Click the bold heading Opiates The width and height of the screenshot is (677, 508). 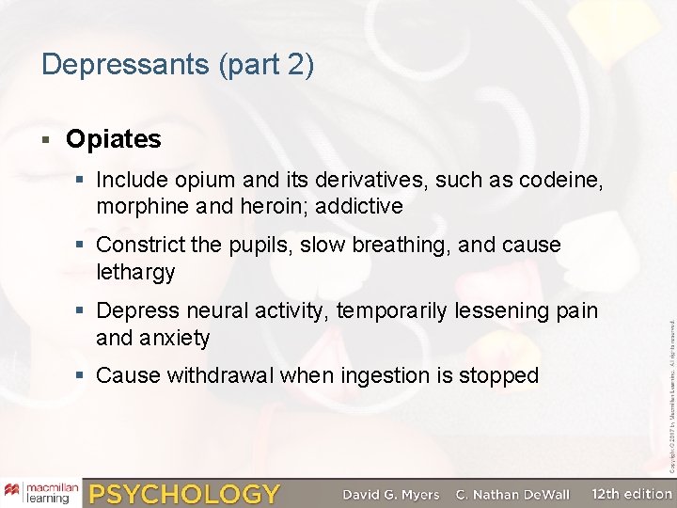(114, 139)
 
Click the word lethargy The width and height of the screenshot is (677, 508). (136, 272)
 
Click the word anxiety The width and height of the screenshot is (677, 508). (173, 338)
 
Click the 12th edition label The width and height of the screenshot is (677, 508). (633, 493)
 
